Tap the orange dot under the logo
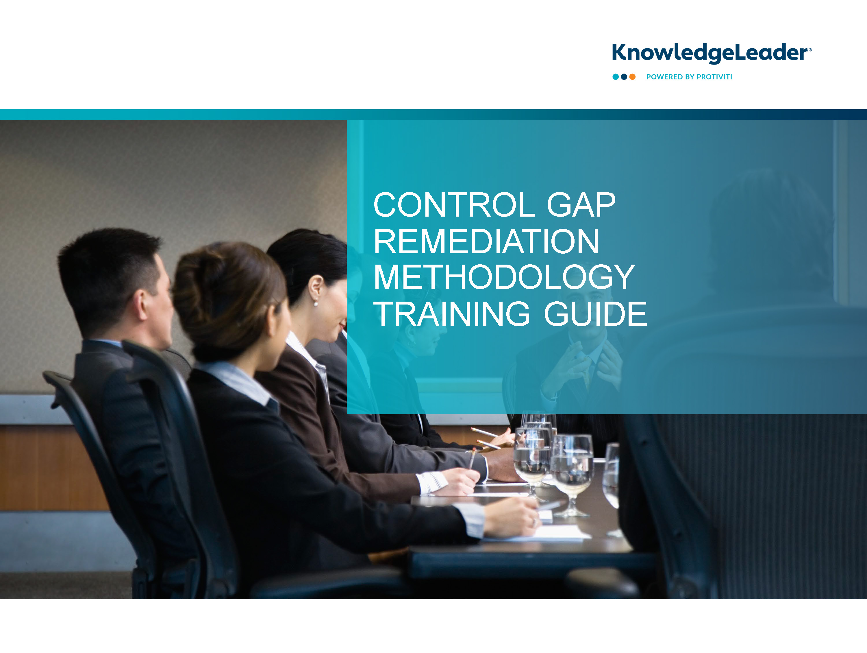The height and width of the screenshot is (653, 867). click(632, 77)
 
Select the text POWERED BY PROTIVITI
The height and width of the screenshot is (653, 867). click(689, 77)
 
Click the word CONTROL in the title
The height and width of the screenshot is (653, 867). click(454, 205)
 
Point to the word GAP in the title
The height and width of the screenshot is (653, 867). click(581, 205)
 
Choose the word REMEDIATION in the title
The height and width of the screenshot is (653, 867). click(486, 241)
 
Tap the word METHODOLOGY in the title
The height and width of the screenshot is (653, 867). click(504, 277)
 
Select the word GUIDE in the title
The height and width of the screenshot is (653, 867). click(595, 314)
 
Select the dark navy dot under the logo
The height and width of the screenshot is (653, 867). click(624, 77)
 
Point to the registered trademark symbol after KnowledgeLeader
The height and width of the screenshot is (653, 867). click(810, 50)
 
